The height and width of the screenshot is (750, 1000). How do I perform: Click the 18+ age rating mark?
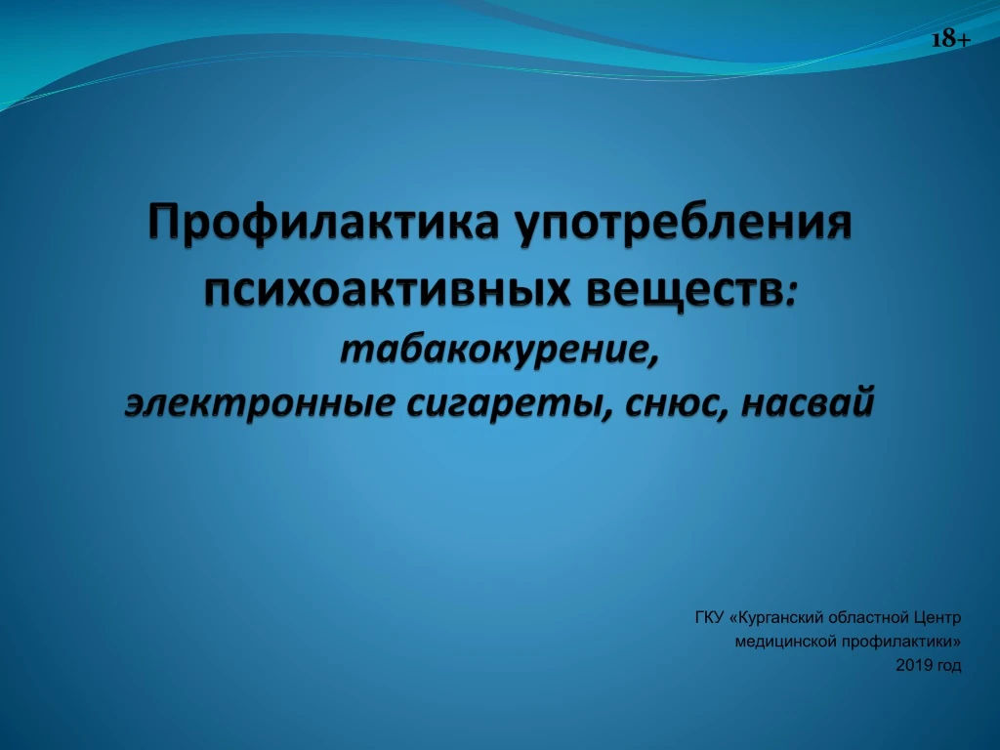pyautogui.click(x=951, y=39)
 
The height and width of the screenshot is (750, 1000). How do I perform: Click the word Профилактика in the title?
pyautogui.click(x=323, y=224)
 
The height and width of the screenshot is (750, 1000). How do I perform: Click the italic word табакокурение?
pyautogui.click(x=493, y=350)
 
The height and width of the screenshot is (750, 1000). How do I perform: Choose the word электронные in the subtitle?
pyautogui.click(x=258, y=403)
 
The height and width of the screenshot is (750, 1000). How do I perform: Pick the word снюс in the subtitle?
pyautogui.click(x=672, y=403)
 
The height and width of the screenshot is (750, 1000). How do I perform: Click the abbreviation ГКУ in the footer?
pyautogui.click(x=709, y=617)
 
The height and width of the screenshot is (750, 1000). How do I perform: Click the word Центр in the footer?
pyautogui.click(x=937, y=618)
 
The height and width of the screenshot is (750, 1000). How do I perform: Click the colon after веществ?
pyautogui.click(x=791, y=295)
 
